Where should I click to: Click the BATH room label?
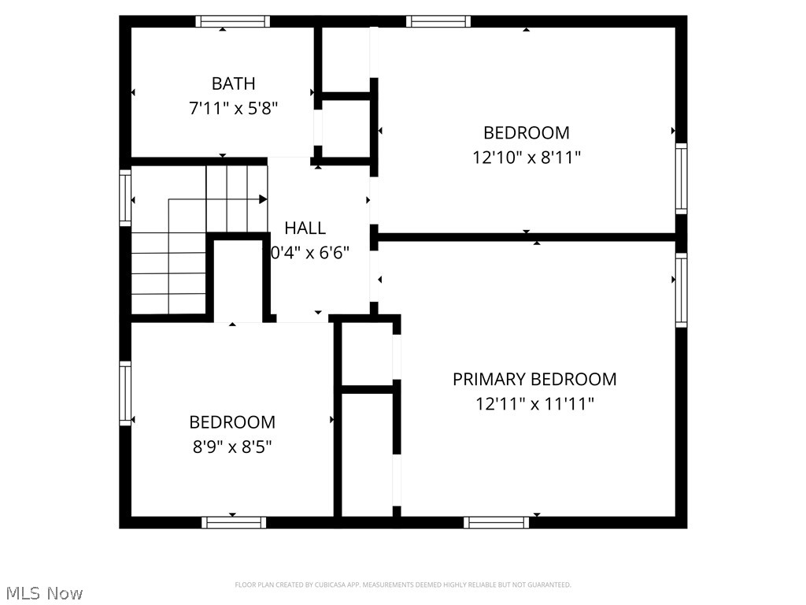(x=233, y=84)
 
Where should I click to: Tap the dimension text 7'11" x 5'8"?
(x=233, y=109)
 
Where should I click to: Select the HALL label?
(x=305, y=228)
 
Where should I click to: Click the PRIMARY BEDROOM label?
(x=534, y=380)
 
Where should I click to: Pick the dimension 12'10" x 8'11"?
(x=527, y=158)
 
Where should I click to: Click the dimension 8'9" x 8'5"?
(x=232, y=447)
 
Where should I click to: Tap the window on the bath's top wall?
(x=232, y=21)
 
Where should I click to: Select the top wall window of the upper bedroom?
(x=438, y=21)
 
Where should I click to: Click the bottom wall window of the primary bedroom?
(x=496, y=522)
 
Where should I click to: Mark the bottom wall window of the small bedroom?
(x=234, y=522)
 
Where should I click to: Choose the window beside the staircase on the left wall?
(x=125, y=198)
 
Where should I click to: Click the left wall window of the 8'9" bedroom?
(x=125, y=393)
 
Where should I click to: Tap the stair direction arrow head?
(x=264, y=199)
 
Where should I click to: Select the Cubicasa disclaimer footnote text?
(x=402, y=585)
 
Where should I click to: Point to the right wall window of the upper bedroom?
(x=681, y=178)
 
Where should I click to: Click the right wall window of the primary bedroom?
(x=681, y=290)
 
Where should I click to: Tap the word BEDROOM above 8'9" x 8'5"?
(x=232, y=423)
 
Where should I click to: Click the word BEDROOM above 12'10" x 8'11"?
(x=527, y=133)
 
